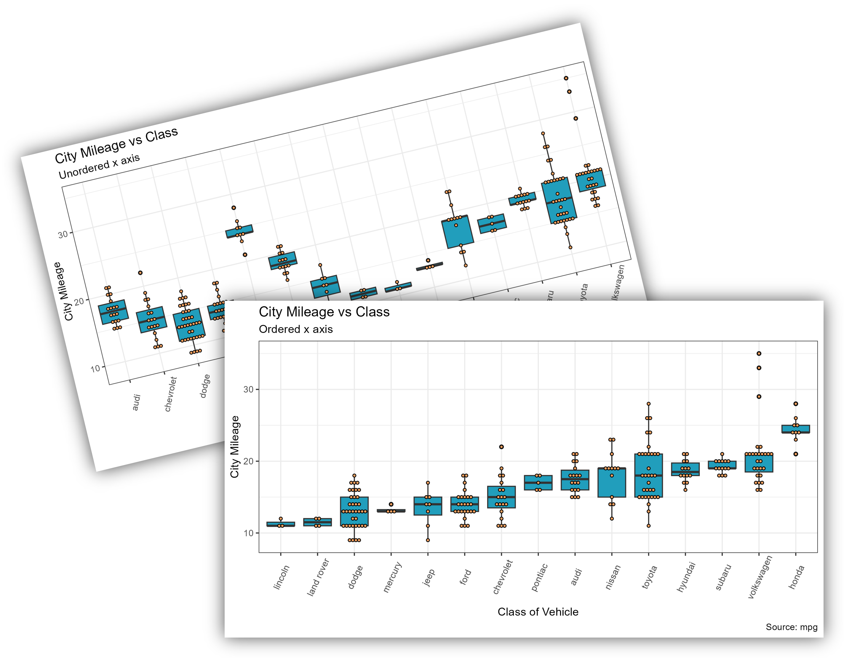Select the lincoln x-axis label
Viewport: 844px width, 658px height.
[x=281, y=577]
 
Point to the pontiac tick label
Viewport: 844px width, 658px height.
[x=539, y=577]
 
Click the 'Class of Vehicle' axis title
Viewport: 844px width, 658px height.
[x=538, y=611]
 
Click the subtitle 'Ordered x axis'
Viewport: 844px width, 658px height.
[x=296, y=329]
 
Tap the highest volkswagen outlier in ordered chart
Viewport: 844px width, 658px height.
[x=759, y=353]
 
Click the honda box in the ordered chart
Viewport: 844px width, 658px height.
[x=796, y=429]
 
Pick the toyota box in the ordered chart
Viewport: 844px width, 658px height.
[x=648, y=475]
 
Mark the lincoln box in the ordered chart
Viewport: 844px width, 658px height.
[x=281, y=524]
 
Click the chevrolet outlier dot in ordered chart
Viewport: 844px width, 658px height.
[x=501, y=447]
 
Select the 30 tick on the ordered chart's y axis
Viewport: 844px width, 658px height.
[x=248, y=390]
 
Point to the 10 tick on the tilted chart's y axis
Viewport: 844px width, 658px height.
[x=95, y=368]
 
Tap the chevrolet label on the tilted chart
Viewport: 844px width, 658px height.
[x=170, y=394]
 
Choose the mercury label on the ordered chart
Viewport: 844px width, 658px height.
[x=392, y=577]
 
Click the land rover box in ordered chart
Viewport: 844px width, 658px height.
[x=317, y=522]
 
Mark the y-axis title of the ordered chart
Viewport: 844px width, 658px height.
[x=235, y=447]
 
